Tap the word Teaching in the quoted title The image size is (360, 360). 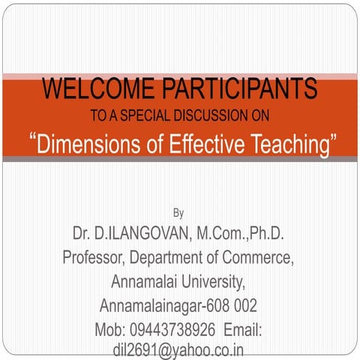[x=287, y=142]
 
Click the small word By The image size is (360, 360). [x=178, y=213]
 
